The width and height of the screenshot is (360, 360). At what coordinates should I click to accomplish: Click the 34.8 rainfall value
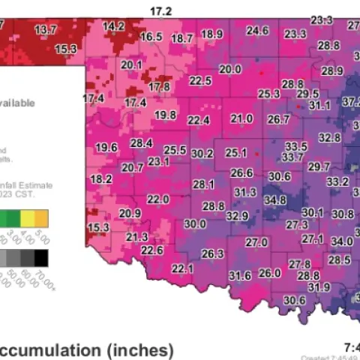275,200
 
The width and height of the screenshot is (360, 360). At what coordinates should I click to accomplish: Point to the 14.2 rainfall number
113,25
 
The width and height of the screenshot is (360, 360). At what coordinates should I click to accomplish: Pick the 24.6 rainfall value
257,31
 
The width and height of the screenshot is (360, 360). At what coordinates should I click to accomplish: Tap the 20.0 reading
229,69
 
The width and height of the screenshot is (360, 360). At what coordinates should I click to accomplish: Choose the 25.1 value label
235,152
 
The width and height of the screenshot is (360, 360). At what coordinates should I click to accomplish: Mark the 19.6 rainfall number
106,147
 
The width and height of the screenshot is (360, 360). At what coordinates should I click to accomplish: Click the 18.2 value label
100,179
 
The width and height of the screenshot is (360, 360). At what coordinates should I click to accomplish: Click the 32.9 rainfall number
237,216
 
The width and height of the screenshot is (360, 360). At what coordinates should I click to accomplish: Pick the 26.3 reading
212,253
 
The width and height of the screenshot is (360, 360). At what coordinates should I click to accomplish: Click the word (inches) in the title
140,349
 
